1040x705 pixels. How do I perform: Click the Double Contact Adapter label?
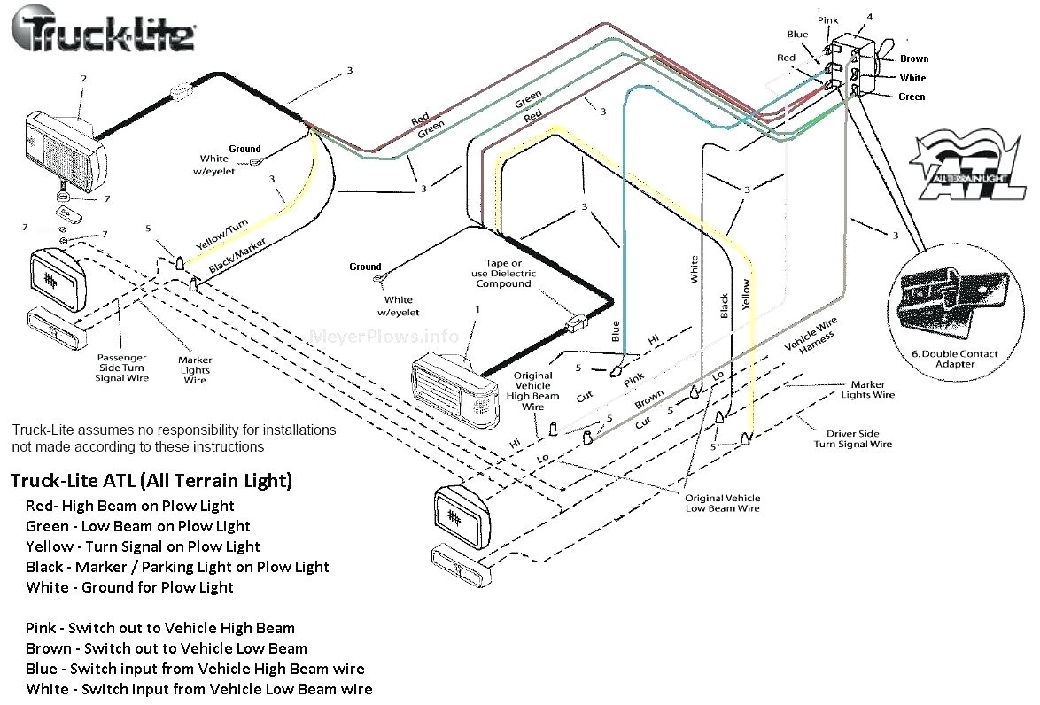click(x=955, y=359)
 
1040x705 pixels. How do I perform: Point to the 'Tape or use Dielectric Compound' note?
click(x=503, y=274)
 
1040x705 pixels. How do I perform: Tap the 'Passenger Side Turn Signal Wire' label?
click(x=122, y=368)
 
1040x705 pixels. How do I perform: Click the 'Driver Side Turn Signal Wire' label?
click(x=853, y=438)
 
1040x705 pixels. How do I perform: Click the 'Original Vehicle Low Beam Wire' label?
click(x=722, y=503)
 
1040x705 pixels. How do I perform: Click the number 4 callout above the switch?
click(x=869, y=16)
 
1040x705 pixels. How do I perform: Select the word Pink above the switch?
click(x=828, y=19)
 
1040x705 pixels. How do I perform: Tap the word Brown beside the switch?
click(x=913, y=58)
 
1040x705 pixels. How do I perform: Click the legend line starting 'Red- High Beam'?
click(x=130, y=506)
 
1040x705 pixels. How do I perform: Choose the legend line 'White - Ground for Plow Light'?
click(x=130, y=587)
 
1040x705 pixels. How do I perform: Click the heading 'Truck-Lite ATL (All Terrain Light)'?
click(x=151, y=481)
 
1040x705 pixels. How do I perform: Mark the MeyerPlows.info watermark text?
click(x=384, y=337)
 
